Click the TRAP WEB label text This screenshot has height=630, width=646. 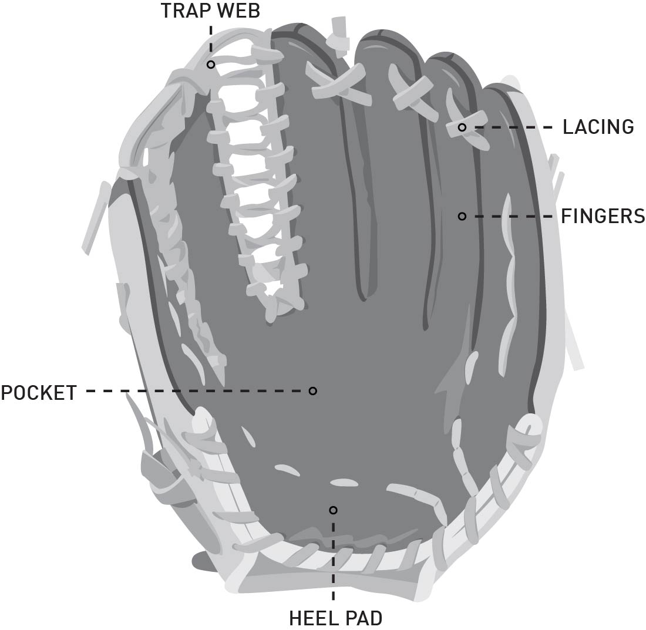point(210,11)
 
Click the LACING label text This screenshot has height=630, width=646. point(598,127)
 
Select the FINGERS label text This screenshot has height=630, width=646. point(603,217)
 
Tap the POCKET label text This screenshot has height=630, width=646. point(39,392)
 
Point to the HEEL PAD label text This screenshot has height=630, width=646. point(335,618)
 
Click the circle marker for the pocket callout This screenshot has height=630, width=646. point(313,391)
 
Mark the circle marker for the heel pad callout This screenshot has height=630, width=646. point(334,510)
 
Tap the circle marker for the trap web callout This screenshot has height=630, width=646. point(210,64)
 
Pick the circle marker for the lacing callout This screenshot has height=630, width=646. point(462,127)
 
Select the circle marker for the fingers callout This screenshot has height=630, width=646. point(462,217)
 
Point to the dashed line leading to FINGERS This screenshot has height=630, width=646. point(511,217)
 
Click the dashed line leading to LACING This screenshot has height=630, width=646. point(511,127)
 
